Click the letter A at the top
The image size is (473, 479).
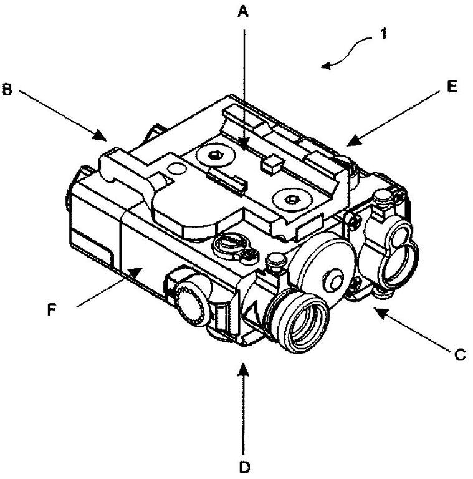pos(243,12)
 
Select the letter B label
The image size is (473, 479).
pos(7,90)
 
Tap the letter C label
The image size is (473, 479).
pos(460,355)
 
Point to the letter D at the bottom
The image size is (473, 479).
pos(244,467)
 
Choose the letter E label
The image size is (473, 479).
pos(452,87)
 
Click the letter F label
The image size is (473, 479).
pos(52,310)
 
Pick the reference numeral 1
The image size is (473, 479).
pos(384,34)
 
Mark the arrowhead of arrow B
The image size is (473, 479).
pos(100,135)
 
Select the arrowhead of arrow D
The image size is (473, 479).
pos(244,369)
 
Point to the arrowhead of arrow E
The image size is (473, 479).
pos(354,140)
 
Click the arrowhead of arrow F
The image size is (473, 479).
pos(135,272)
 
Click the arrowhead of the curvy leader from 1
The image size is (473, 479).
pos(327,65)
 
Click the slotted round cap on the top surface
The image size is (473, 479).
pos(229,243)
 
